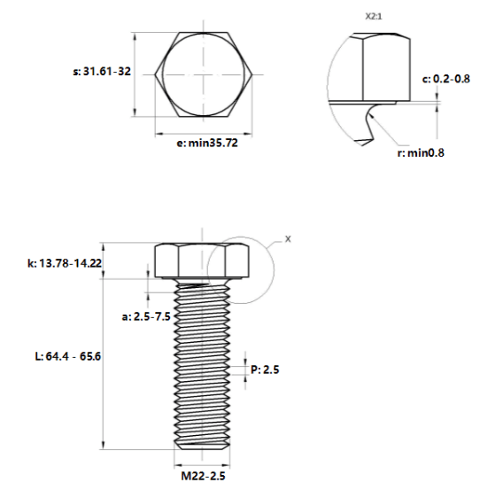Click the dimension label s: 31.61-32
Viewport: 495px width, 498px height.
102,72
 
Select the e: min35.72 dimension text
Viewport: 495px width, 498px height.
207,143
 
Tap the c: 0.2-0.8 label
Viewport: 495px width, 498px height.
445,79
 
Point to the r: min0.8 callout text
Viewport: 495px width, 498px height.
421,152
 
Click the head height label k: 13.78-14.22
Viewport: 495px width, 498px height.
65,263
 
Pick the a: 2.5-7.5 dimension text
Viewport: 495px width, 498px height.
146,316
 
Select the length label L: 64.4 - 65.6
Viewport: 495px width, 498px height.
67,356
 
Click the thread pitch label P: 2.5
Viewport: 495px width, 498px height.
265,370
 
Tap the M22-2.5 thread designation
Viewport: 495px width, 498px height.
203,476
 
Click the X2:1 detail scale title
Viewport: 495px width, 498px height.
374,17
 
